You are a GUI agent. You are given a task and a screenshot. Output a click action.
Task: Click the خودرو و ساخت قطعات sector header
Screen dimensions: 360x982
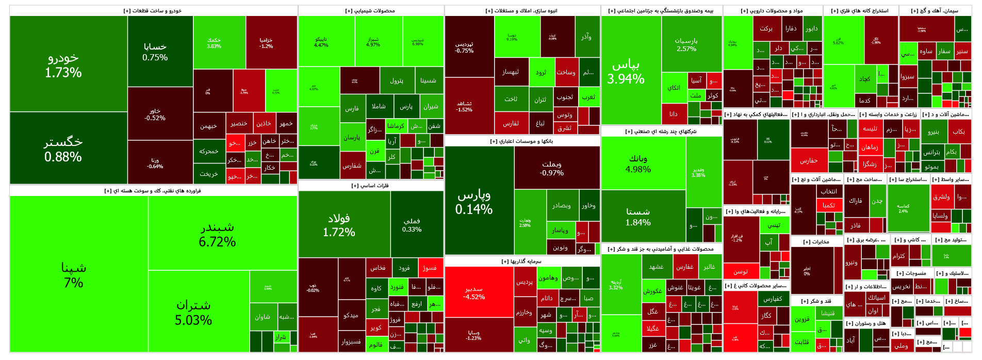(153, 11)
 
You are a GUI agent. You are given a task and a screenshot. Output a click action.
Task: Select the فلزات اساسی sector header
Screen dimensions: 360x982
(370, 186)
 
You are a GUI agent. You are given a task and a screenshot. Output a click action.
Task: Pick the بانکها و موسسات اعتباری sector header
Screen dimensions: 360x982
(521, 141)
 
